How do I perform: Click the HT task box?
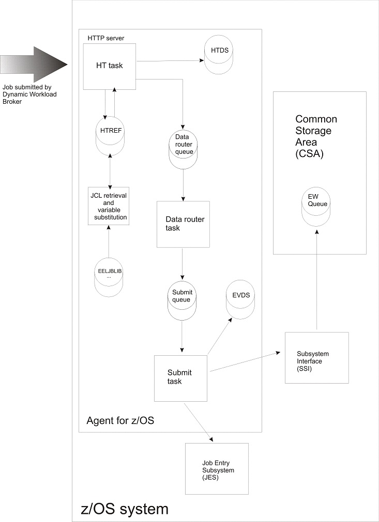coord(110,67)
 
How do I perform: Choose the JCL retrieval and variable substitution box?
coord(109,206)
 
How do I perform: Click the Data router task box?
coord(183,224)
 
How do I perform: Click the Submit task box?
coord(180,377)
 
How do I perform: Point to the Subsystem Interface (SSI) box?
coord(316,357)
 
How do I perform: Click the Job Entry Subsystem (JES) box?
coord(217,468)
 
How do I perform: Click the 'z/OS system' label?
coord(125,509)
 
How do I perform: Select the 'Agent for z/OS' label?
coord(120,421)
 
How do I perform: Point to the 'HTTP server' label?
coord(106,38)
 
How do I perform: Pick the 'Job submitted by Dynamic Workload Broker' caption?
coord(30,94)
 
